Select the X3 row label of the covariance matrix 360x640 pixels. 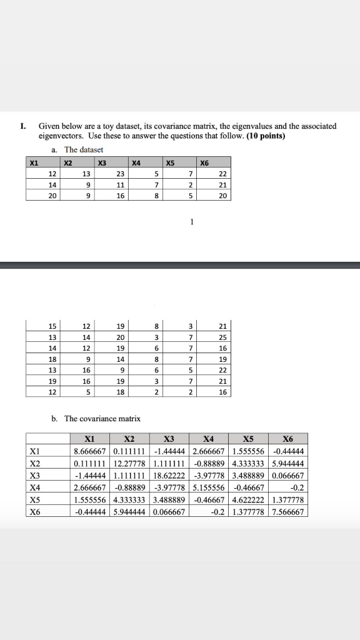coord(34,475)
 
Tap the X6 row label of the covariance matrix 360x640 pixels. coord(34,511)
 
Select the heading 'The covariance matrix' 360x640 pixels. coord(102,418)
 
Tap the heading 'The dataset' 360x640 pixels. coord(84,149)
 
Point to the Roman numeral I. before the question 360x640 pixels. coord(23,126)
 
